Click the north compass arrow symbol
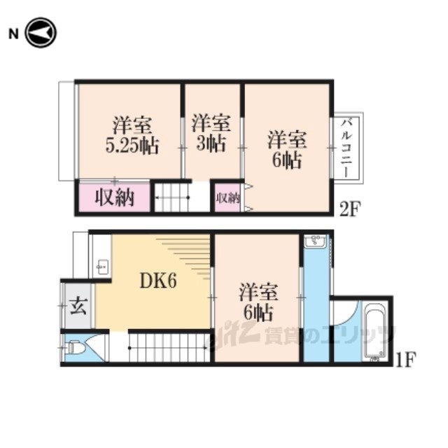[41, 33]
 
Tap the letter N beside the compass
[13, 34]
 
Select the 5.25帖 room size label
[132, 146]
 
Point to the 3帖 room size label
[211, 143]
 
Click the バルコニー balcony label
[347, 148]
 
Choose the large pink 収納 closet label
[114, 197]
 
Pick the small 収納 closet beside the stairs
[227, 197]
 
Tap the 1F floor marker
[406, 359]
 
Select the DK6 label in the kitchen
[158, 281]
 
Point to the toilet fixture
[76, 348]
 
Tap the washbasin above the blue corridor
[316, 241]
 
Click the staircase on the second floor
[172, 197]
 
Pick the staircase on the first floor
[169, 348]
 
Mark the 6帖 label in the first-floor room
[258, 313]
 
